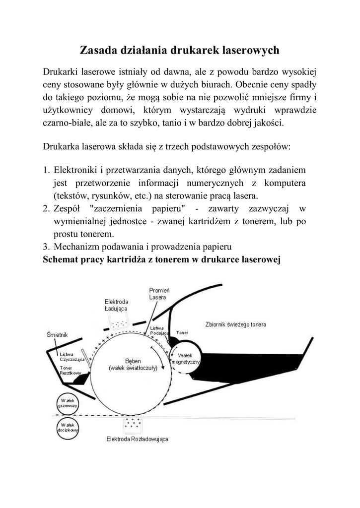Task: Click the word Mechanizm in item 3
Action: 75,247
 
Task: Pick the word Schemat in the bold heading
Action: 61,259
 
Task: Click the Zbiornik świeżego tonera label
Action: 235,324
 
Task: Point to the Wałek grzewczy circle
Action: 66,402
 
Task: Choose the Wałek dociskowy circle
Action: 66,428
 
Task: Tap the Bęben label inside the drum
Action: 133,365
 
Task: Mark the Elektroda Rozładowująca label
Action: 137,440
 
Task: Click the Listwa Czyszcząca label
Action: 70,357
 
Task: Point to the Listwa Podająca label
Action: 157,330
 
